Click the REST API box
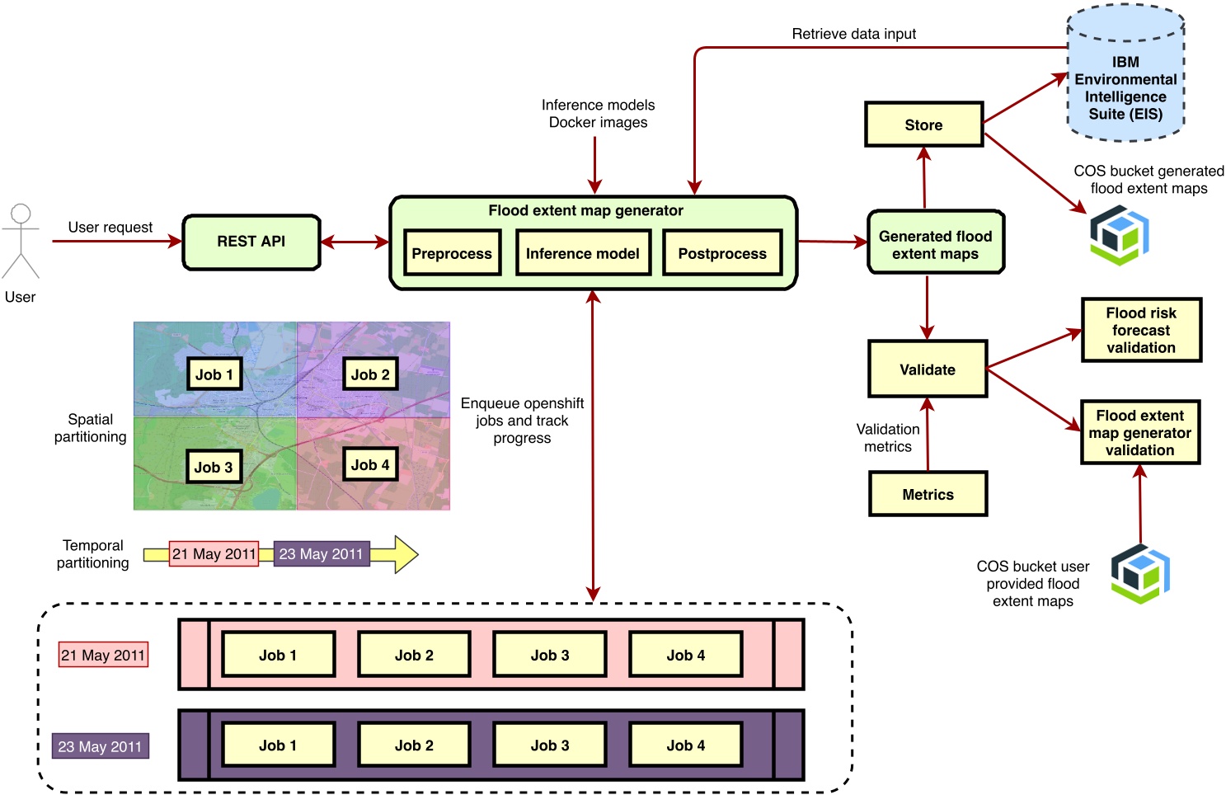point(251,242)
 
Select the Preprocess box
point(451,253)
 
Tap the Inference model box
point(582,253)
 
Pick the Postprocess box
point(721,253)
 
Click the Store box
point(923,125)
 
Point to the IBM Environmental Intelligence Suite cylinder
point(1125,82)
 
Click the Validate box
point(927,369)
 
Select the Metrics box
point(928,494)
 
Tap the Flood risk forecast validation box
point(1141,330)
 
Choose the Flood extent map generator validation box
point(1139,433)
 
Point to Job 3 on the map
point(214,467)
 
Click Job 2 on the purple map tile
point(370,374)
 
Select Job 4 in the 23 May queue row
point(685,745)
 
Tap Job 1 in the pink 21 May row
point(278,655)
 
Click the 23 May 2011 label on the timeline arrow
point(321,553)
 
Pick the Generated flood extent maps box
point(935,244)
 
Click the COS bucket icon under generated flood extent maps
point(1119,235)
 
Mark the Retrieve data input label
point(853,34)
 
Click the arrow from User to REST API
point(115,242)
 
